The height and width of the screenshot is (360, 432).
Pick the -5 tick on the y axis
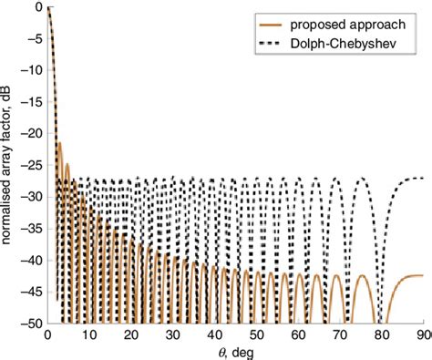click(x=35, y=38)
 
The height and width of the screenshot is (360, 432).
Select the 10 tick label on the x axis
click(x=88, y=334)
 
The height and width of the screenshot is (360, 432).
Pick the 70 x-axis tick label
click(x=340, y=334)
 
